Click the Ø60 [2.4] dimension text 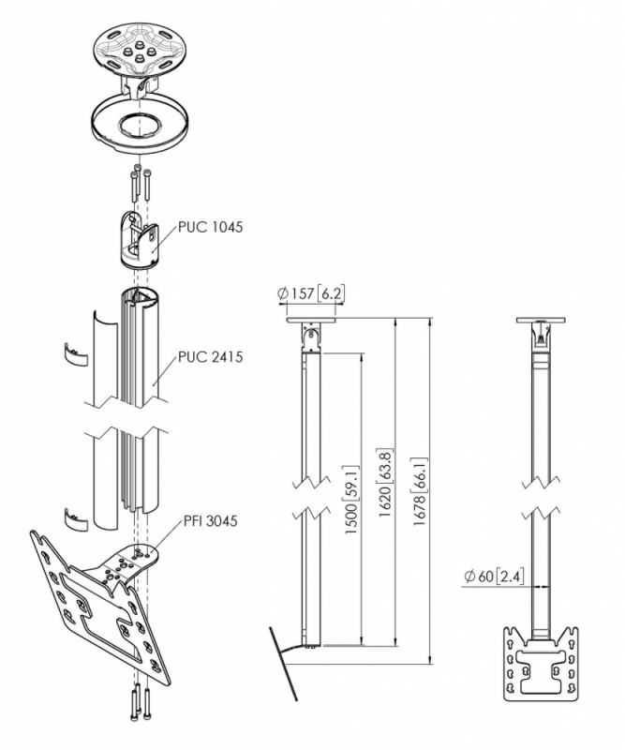(497, 577)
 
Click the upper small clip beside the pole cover (73, 353)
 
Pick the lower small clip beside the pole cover (73, 515)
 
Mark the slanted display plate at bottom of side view (284, 662)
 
